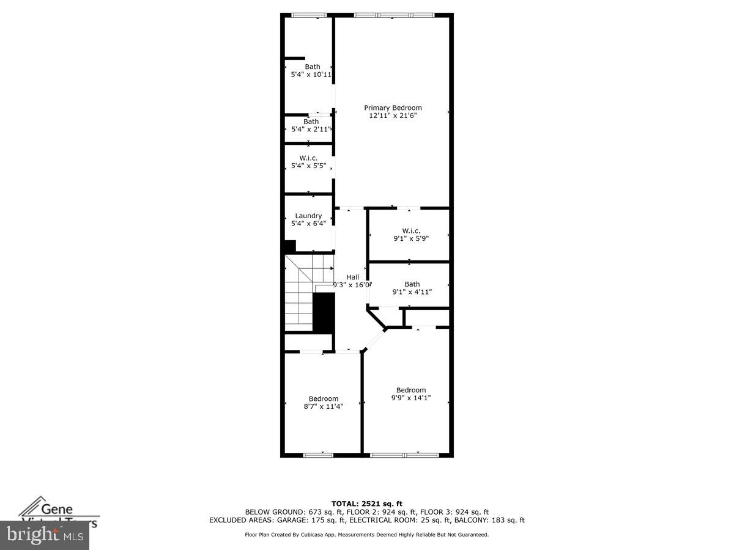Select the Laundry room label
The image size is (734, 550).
coord(308,216)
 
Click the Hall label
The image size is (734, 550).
coord(352,277)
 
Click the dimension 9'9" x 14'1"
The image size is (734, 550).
coord(411,398)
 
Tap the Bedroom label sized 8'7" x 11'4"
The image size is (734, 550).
coord(323,398)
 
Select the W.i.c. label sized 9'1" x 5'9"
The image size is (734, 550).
coord(411,230)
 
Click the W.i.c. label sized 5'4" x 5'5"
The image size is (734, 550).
coord(308,158)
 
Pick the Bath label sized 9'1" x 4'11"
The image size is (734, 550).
coord(412,284)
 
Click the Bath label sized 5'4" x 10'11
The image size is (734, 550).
coord(312,67)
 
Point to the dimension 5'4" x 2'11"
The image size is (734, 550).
coord(311,129)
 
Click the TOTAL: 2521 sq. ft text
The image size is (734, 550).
coord(367,504)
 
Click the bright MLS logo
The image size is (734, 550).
coord(44,535)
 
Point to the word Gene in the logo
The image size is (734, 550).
coord(57,508)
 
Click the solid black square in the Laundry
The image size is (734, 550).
coord(290,246)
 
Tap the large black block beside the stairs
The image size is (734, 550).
coord(324,312)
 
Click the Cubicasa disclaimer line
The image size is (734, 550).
coord(367,535)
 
